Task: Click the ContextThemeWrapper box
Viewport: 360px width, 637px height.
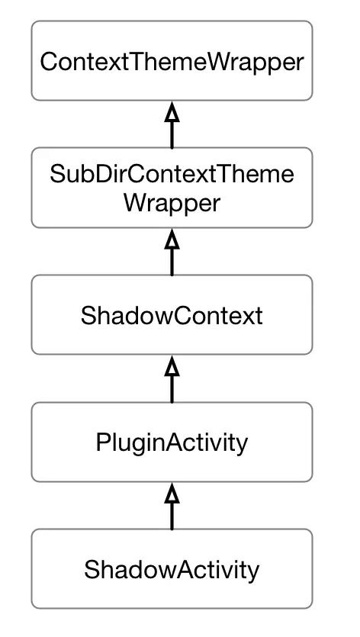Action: [x=172, y=60]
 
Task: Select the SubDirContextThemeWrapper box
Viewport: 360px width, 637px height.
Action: [x=172, y=188]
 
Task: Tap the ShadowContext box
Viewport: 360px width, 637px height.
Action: [x=172, y=315]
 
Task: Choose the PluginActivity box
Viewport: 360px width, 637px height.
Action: [x=172, y=442]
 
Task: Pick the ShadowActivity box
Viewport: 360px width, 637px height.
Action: [x=172, y=569]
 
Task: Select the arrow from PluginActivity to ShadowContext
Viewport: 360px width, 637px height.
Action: [x=172, y=380]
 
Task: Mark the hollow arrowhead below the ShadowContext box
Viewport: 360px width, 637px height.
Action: [x=172, y=367]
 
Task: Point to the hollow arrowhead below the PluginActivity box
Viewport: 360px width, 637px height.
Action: [x=172, y=494]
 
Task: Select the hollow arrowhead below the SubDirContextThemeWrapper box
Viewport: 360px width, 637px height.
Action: [x=172, y=240]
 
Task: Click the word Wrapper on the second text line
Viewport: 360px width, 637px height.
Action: [x=172, y=204]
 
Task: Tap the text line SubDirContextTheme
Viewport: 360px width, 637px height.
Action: [x=172, y=174]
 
